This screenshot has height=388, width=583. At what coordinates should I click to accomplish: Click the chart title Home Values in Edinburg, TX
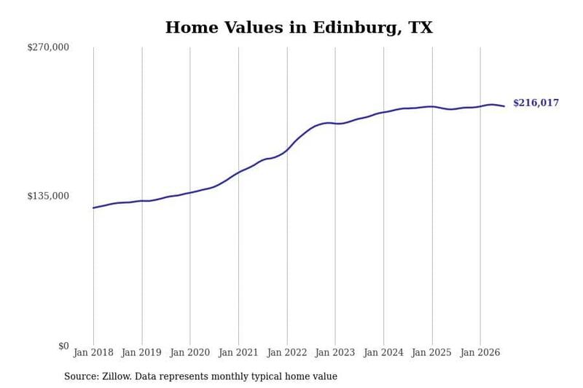[299, 28]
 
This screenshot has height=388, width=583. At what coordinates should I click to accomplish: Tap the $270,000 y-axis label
[48, 47]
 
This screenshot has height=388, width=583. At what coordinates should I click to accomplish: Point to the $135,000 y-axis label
[48, 196]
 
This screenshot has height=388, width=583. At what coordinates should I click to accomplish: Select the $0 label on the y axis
[63, 346]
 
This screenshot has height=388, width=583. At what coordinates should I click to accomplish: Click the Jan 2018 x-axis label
[93, 352]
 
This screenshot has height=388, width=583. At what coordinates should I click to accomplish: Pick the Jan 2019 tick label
[141, 352]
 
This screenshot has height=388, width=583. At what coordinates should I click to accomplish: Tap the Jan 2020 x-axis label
[190, 352]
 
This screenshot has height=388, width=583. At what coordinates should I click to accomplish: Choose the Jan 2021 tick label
[238, 352]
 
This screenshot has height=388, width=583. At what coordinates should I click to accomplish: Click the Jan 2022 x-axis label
[287, 352]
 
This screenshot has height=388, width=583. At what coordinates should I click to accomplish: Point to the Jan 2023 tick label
[335, 352]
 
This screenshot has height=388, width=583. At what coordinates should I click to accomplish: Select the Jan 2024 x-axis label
[383, 352]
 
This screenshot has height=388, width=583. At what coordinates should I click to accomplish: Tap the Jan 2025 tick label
[431, 352]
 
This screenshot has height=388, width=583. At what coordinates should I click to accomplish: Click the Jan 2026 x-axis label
[480, 352]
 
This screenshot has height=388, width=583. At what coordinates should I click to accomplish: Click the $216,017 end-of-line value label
[536, 103]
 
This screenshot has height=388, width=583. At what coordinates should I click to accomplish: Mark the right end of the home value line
[504, 106]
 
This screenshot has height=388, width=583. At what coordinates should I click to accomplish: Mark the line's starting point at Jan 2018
[93, 208]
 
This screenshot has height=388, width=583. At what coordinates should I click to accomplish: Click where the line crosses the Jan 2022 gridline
[287, 150]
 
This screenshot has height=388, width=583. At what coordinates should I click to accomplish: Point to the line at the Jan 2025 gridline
[432, 106]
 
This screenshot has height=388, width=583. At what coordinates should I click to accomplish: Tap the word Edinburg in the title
[356, 28]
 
